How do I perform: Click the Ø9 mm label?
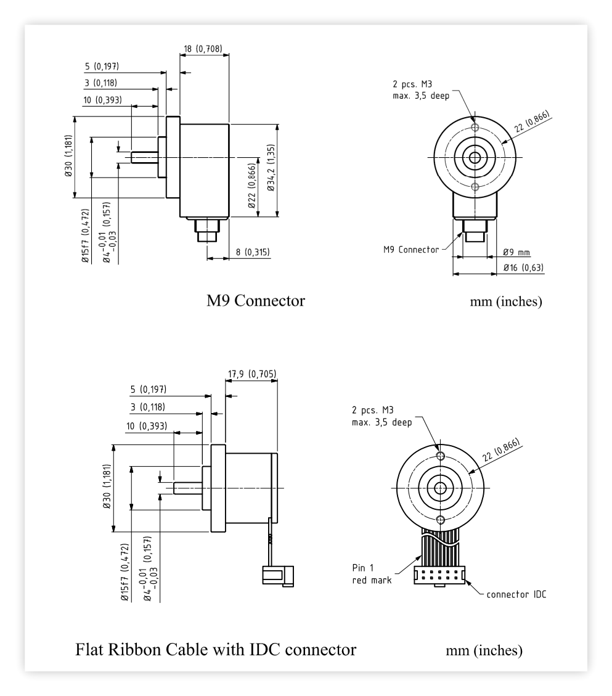click(516, 253)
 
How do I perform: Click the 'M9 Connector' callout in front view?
click(411, 250)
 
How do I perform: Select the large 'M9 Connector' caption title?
click(256, 301)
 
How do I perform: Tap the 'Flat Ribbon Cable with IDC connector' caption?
click(216, 649)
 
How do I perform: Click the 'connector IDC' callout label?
click(516, 594)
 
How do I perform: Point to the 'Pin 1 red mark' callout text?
click(372, 574)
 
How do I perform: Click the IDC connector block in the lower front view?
click(439, 576)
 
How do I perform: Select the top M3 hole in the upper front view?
click(475, 128)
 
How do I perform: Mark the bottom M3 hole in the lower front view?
click(440, 520)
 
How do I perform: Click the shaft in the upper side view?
click(145, 158)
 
